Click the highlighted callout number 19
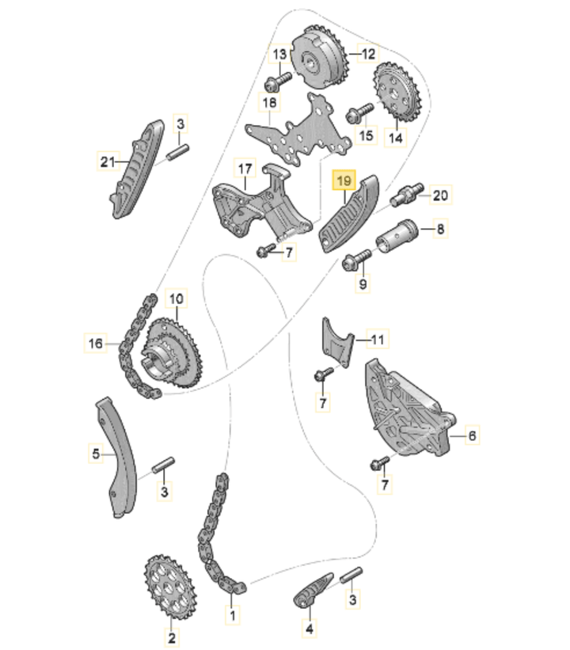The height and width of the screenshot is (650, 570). point(344,182)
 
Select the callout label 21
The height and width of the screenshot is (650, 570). point(108,162)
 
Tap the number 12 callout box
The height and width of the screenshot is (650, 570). point(368,54)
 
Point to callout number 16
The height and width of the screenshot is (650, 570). point(96,343)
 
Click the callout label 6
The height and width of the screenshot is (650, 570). point(471,435)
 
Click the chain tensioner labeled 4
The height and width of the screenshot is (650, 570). point(311,589)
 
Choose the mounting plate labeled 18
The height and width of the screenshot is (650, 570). point(299,129)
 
